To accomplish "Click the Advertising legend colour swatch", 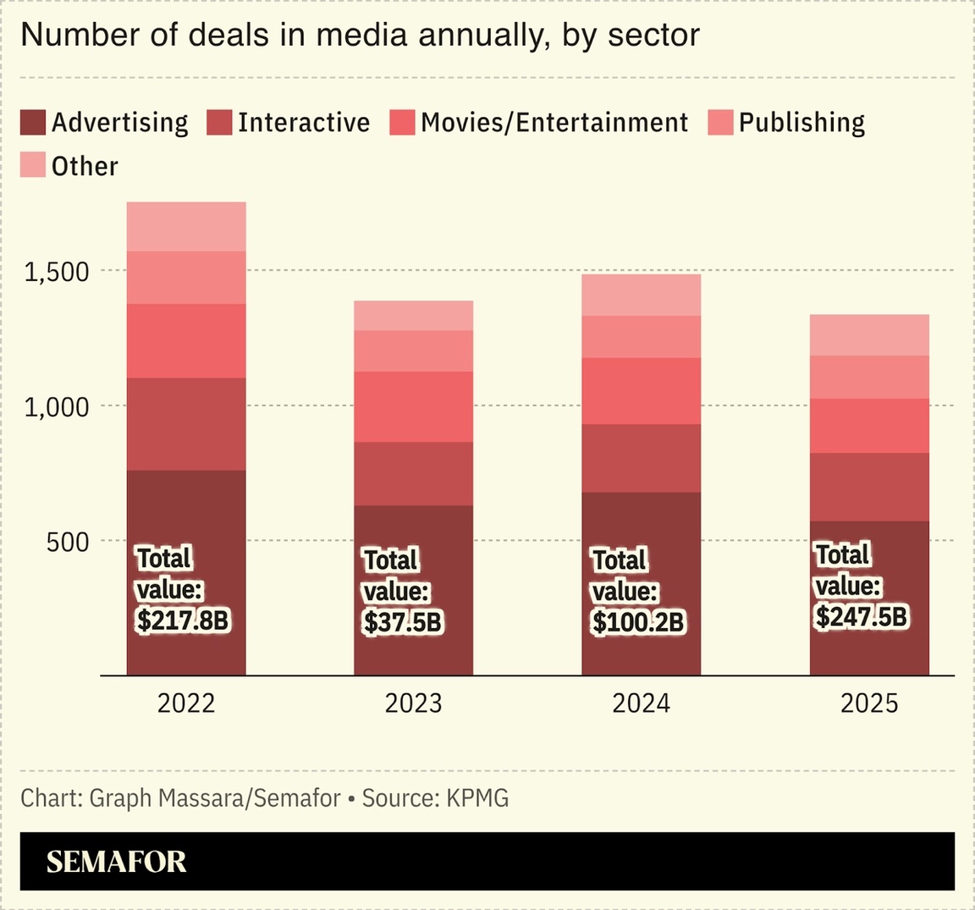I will (33, 123).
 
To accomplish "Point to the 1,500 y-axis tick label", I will (57, 272).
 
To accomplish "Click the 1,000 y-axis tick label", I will (57, 406).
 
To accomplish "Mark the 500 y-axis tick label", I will (68, 542).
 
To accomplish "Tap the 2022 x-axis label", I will (186, 703).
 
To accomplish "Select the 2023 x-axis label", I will (414, 703).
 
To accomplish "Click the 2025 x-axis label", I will (869, 703).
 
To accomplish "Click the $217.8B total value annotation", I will (183, 620).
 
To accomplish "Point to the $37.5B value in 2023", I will (402, 622).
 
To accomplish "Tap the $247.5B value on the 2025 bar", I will (861, 616).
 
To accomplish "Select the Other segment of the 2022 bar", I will (186, 226).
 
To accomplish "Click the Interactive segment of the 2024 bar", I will (642, 458).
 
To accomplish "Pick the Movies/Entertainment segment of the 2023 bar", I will (414, 406).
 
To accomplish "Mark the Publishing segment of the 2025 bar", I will (869, 377).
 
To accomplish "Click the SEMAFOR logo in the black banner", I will (116, 862).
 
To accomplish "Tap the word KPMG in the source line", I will (477, 798).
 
